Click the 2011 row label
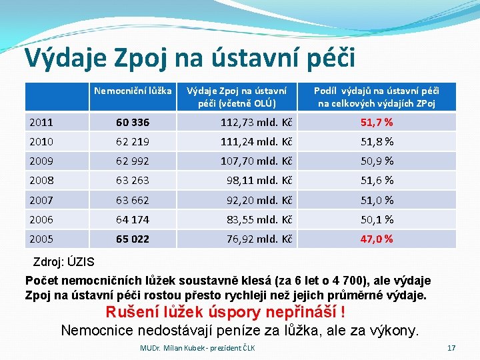point(42,122)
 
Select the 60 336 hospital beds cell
point(133,122)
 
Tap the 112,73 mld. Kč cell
point(257,122)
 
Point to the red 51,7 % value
point(377,122)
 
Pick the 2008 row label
point(42,180)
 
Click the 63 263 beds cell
point(133,180)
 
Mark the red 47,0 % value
point(377,239)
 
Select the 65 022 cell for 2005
point(133,239)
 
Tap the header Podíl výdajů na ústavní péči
point(377,97)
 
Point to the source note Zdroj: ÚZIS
point(64,262)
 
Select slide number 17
point(451,348)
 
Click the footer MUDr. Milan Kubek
point(197,348)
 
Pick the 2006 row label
point(42,219)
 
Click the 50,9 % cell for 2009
point(377,161)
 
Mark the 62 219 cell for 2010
point(133,141)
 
